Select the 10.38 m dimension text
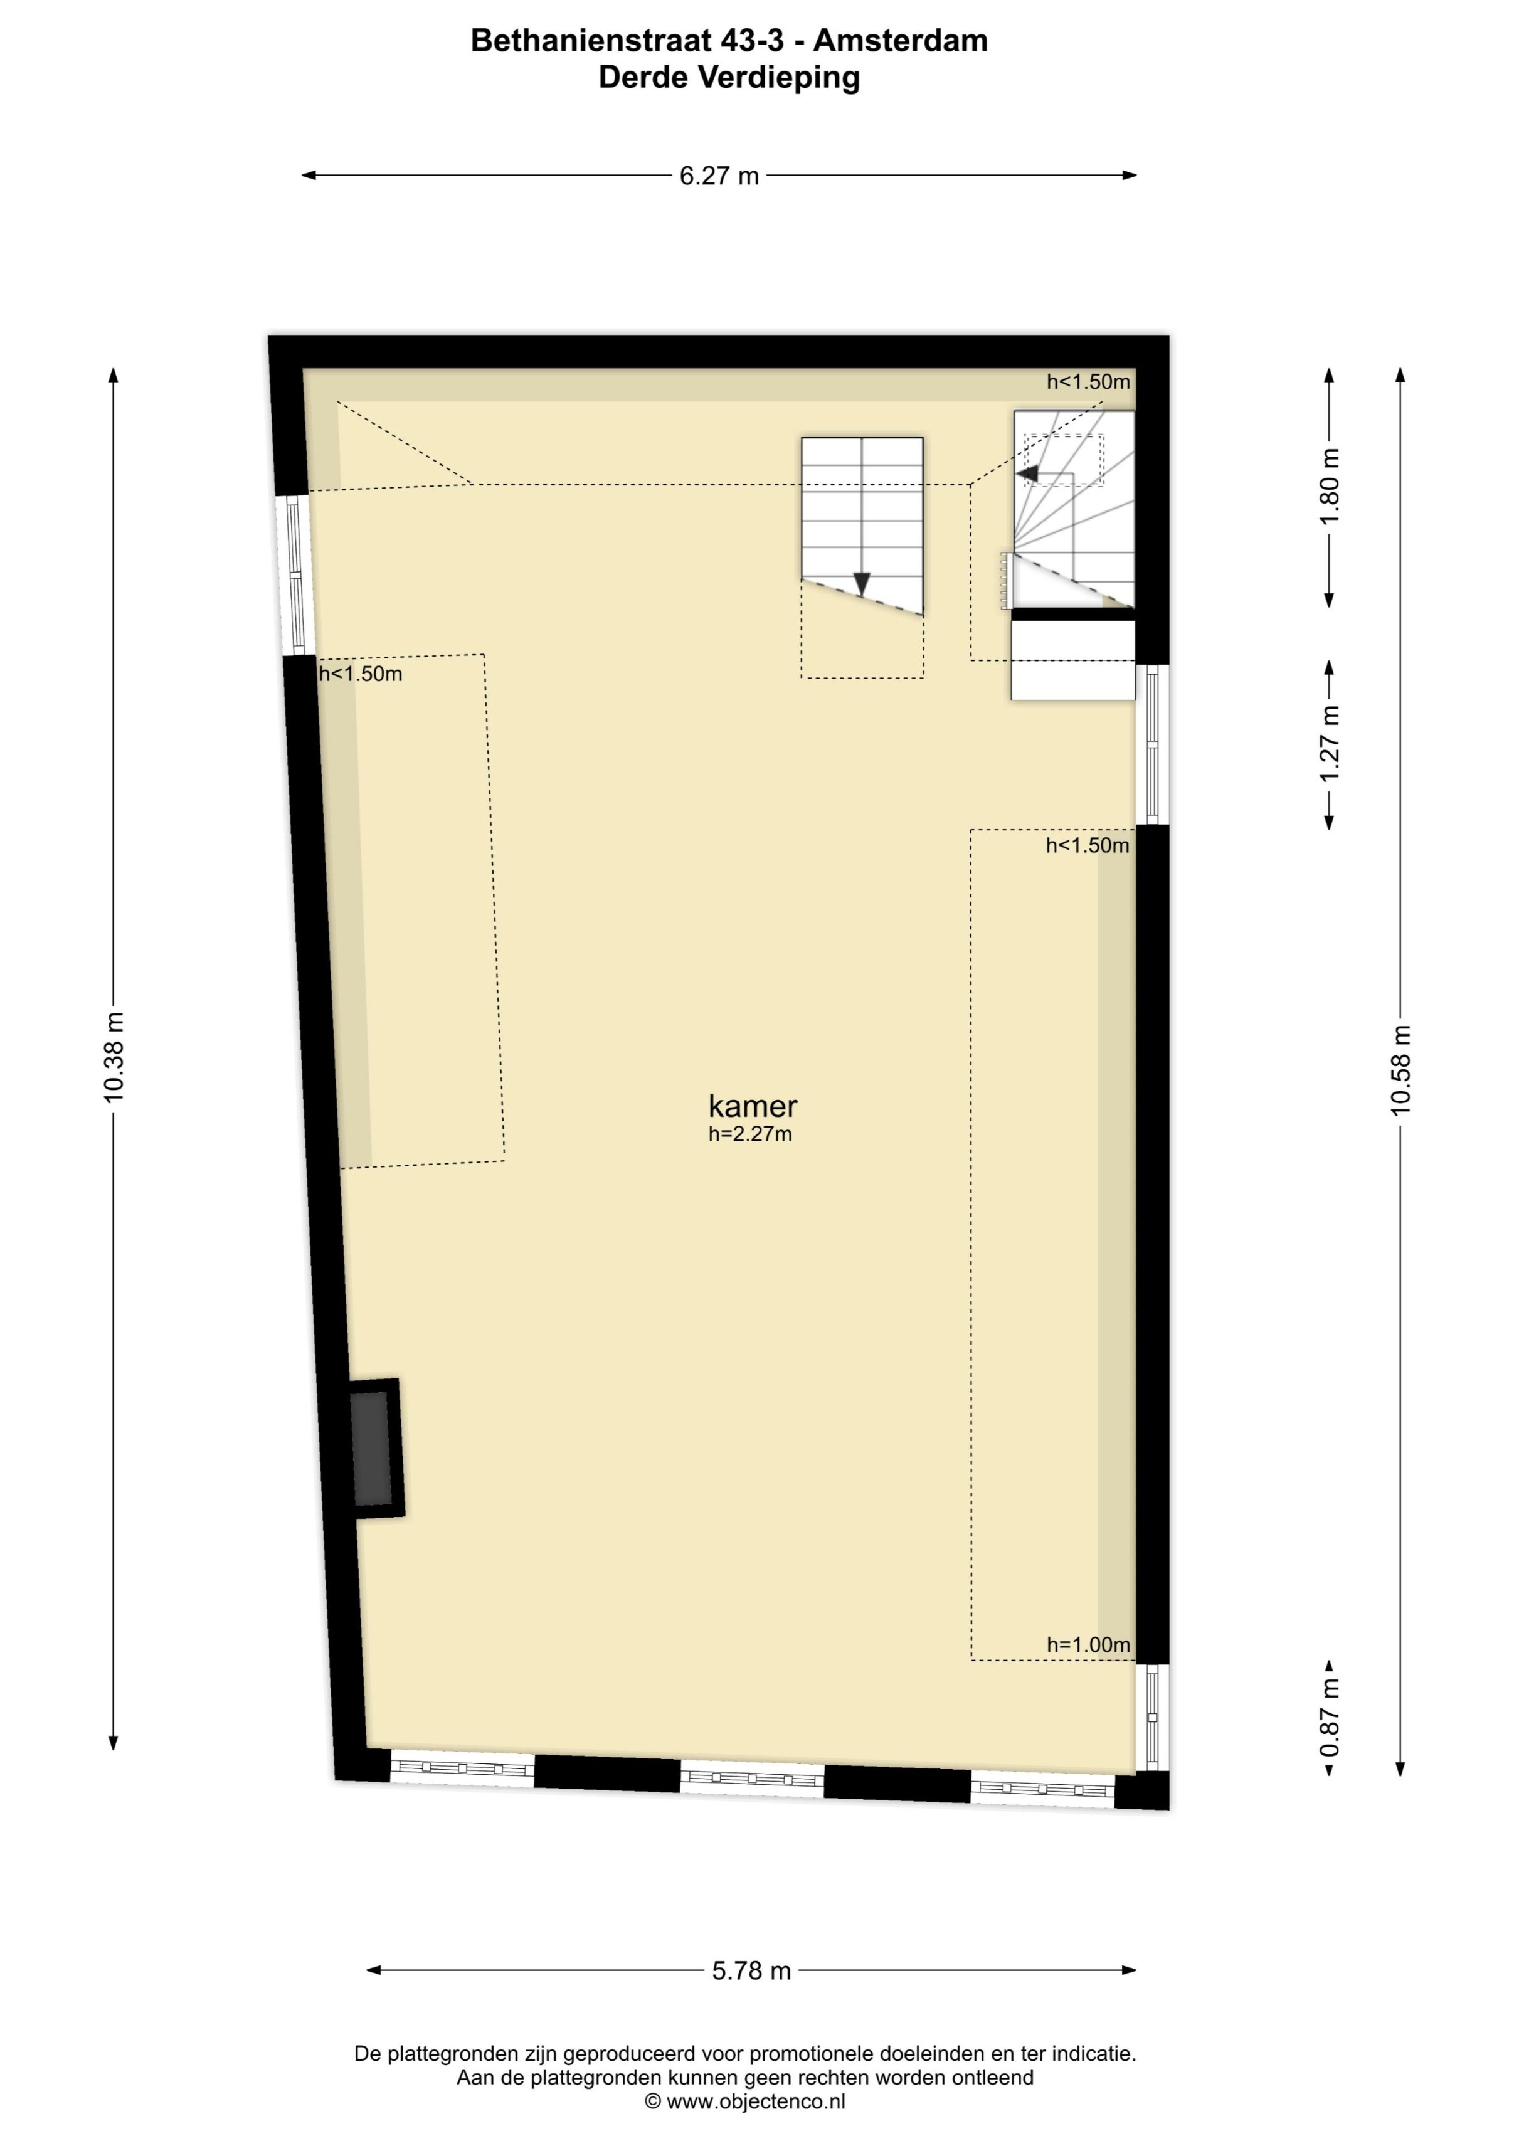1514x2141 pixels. click(x=114, y=1057)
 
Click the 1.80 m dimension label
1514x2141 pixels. click(x=1330, y=487)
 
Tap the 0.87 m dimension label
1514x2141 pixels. click(x=1330, y=1718)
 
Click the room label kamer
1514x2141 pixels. click(x=753, y=1106)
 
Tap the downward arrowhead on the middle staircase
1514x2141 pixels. click(x=862, y=584)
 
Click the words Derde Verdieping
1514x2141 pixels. click(x=729, y=77)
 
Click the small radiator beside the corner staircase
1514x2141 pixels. click(x=1005, y=581)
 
